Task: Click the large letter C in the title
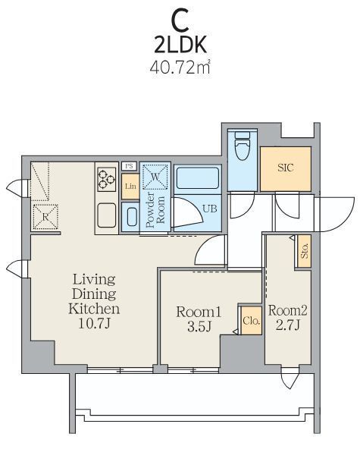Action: pos(180,20)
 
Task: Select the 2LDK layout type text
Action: pos(180,46)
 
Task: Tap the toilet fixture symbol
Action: pos(242,146)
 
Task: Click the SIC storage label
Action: pos(286,168)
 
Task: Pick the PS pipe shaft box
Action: pos(129,166)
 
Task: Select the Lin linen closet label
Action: pos(130,186)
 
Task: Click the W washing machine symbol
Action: pos(155,177)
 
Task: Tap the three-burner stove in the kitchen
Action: pos(106,179)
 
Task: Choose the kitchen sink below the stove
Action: pos(106,215)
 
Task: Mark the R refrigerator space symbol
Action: pos(45,217)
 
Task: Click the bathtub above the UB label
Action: pos(198,177)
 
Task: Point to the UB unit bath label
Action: pos(210,209)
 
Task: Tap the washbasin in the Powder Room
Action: pos(131,217)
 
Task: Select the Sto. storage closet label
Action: pos(305,251)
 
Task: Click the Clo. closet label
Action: pos(252,320)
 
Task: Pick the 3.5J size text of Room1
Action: pos(199,326)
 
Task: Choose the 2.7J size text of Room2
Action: pos(288,325)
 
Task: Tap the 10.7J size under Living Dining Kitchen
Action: pos(94,324)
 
